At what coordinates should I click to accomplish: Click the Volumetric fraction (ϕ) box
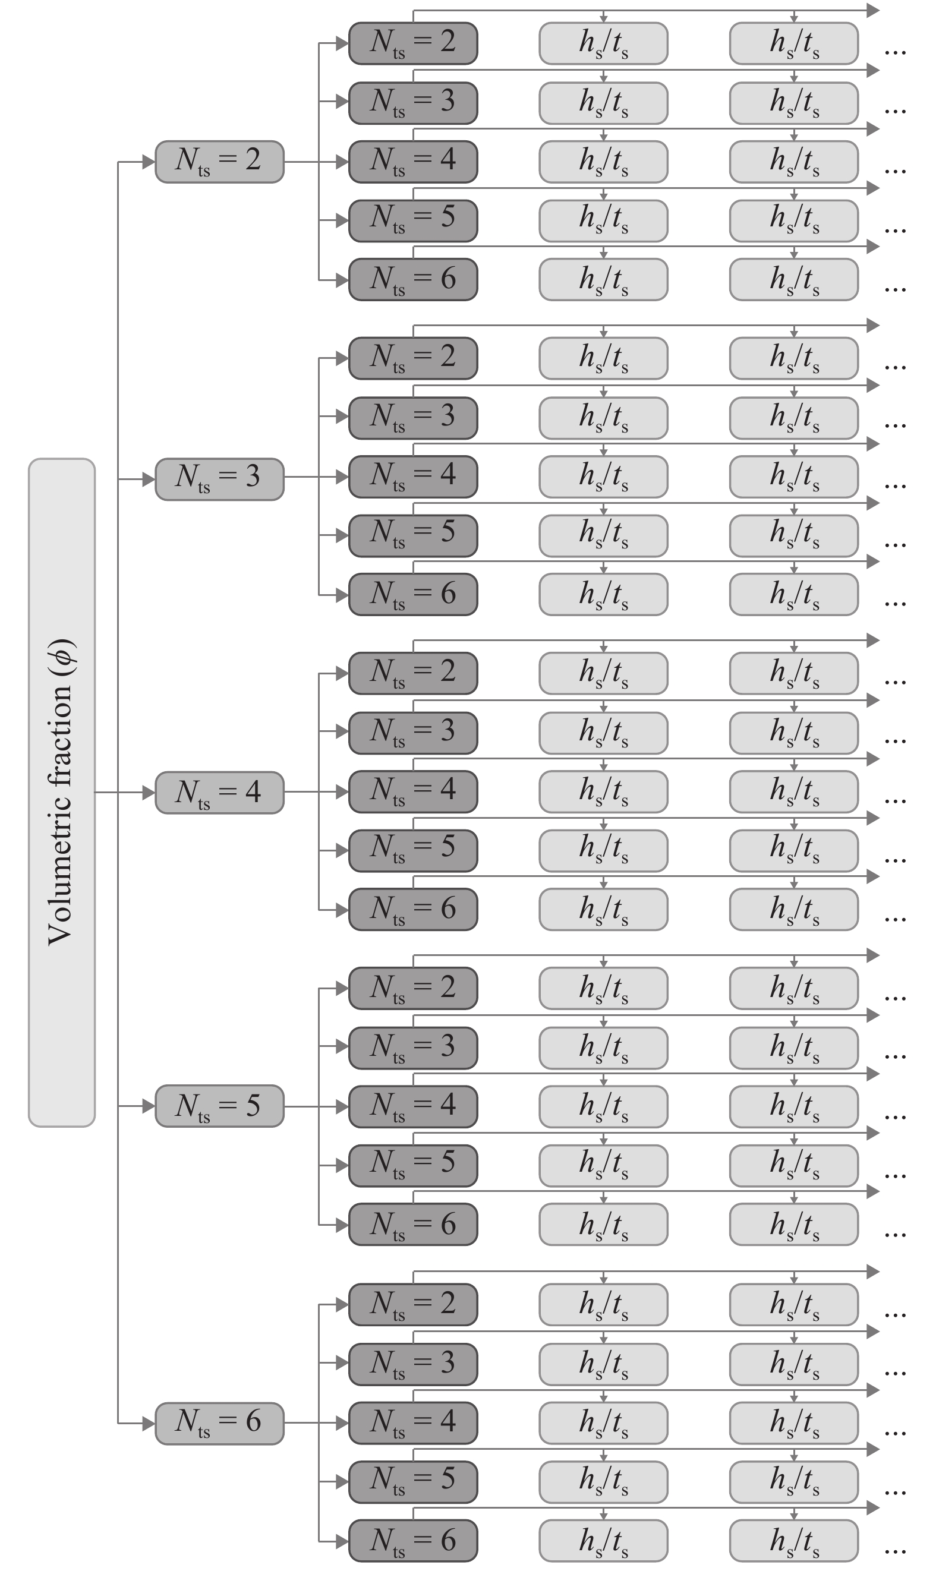61,792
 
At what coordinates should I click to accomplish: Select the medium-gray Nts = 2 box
219,162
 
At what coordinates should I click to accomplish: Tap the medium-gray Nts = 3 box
219,479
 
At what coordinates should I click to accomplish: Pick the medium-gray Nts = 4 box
219,793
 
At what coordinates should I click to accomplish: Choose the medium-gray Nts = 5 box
219,1106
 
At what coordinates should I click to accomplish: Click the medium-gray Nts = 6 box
219,1423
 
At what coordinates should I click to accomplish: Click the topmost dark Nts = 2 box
412,43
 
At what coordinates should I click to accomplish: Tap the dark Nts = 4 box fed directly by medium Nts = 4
412,792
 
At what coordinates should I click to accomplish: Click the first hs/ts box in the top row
603,43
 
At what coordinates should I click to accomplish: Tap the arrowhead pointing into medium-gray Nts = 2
149,162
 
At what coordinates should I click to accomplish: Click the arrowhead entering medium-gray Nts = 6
149,1423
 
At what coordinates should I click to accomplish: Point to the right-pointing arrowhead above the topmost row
873,10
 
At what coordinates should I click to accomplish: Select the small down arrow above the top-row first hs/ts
604,18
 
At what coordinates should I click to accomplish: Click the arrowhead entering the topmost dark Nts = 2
342,43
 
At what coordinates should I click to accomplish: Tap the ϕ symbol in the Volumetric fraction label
64,652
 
